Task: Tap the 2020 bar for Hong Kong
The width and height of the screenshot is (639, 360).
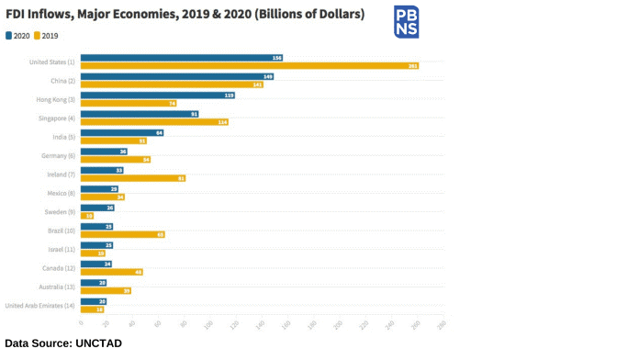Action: [x=157, y=96]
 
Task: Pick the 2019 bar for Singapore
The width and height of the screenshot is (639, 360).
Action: [x=154, y=122]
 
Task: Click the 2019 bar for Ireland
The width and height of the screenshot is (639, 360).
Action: [x=133, y=178]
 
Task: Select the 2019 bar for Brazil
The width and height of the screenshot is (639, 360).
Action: [x=122, y=234]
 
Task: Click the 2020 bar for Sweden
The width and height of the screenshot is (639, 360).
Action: [x=97, y=208]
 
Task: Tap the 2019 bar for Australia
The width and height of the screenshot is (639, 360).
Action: [x=106, y=290]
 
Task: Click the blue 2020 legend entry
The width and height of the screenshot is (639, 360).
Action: [x=17, y=36]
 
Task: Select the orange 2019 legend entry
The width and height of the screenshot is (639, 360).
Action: [x=46, y=36]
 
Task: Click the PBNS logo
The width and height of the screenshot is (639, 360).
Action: [x=406, y=22]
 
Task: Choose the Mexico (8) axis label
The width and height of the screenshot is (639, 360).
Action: [x=61, y=193]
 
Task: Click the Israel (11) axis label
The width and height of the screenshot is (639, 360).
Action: [x=61, y=249]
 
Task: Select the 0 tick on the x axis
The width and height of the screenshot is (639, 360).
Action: [x=81, y=322]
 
